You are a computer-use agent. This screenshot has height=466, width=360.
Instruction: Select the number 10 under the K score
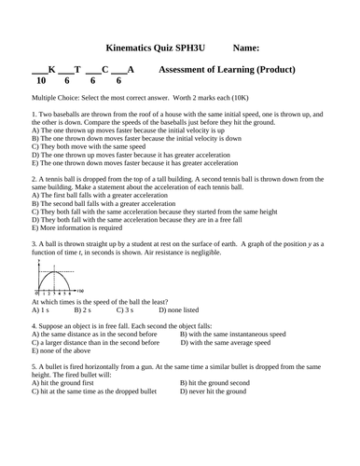click(x=41, y=81)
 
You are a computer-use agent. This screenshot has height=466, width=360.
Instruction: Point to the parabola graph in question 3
click(x=52, y=279)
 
